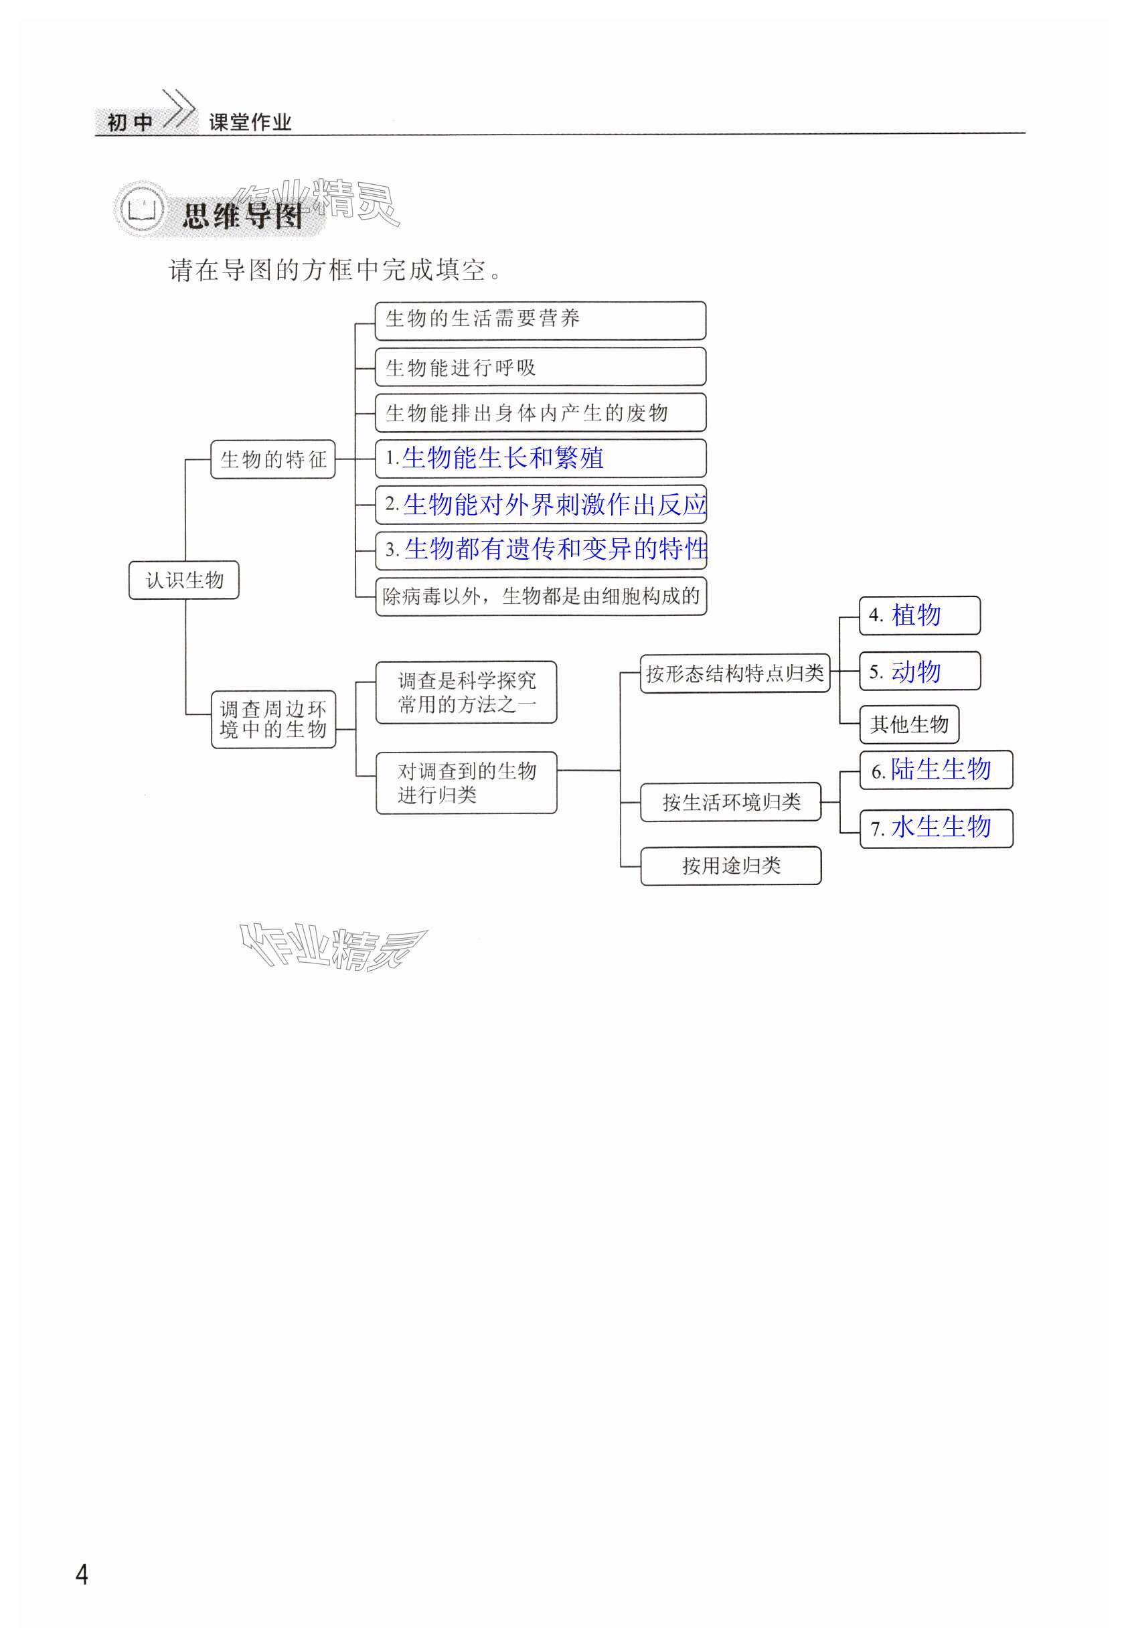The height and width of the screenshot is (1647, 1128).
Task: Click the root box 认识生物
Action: pos(183,580)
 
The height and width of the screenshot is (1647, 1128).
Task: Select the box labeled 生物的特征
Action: pos(272,459)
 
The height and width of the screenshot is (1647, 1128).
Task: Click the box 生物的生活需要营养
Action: pos(540,319)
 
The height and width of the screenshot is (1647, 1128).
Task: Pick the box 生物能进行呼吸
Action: pos(540,366)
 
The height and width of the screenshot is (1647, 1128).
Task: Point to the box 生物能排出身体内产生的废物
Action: pos(540,412)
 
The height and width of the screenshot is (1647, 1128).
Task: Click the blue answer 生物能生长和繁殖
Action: pos(502,458)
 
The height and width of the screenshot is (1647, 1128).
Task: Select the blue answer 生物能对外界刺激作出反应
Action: pos(555,504)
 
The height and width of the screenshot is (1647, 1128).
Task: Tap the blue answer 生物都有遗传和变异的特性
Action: pos(556,548)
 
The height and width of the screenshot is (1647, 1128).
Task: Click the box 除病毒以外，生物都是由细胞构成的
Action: pos(541,596)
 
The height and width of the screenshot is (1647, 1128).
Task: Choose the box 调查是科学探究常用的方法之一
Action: pos(466,692)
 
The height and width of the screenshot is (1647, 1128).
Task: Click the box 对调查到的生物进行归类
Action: pos(466,783)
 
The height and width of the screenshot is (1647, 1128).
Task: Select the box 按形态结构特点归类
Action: pos(735,673)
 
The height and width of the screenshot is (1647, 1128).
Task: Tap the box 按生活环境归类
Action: pos(730,801)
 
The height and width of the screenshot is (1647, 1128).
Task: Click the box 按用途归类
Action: pos(730,865)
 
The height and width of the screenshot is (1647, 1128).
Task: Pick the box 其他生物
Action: pos(909,724)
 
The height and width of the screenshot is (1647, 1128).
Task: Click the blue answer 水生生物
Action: pos(941,826)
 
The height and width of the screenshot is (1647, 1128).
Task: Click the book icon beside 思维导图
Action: pos(142,210)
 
